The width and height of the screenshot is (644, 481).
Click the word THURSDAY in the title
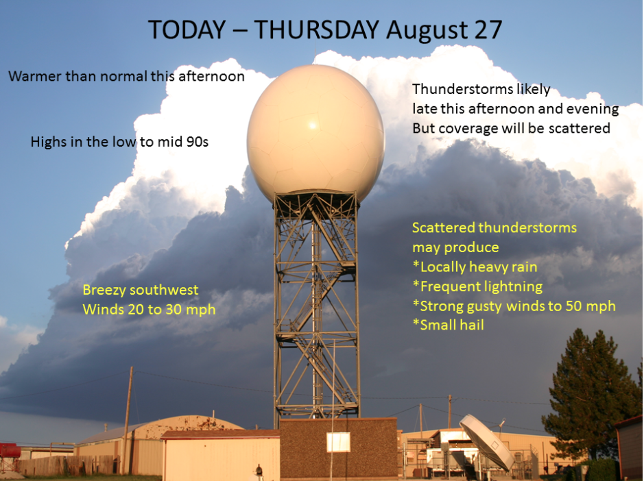[316, 29]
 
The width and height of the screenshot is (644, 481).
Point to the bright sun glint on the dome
[312, 125]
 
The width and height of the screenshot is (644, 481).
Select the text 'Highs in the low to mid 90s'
[119, 142]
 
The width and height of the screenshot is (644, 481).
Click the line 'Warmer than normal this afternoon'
[126, 76]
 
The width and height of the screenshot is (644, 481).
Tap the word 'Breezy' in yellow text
[105, 291]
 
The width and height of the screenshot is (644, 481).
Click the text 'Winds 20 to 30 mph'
[149, 310]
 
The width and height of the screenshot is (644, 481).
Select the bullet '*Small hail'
[448, 325]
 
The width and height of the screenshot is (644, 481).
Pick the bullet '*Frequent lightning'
[477, 286]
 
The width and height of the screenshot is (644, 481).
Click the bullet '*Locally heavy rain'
[475, 267]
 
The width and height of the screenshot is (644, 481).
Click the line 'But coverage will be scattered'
[512, 128]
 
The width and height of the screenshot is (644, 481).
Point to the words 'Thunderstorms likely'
[481, 89]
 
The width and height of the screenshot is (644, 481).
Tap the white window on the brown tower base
[338, 442]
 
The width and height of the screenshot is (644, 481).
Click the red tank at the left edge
[9, 451]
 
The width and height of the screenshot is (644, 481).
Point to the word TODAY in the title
[187, 29]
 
